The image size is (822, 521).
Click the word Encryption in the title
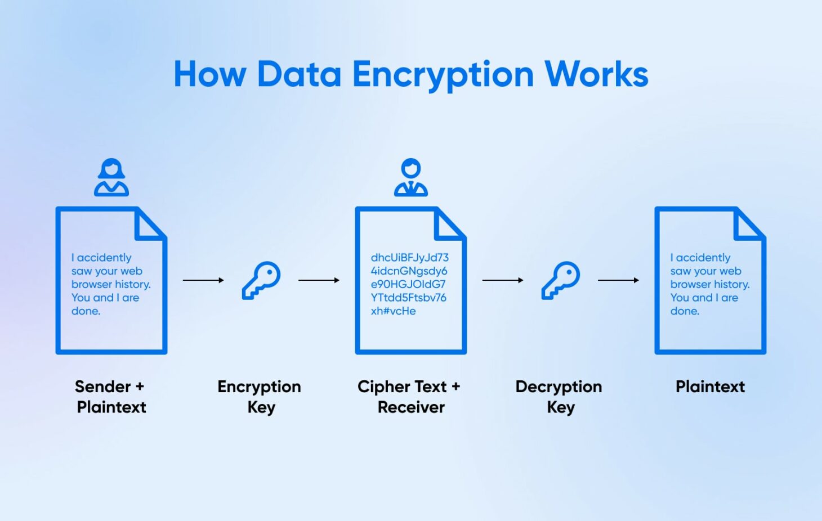(443, 75)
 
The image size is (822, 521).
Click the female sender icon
(111, 177)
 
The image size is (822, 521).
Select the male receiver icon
(411, 177)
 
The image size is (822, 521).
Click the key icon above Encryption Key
(261, 280)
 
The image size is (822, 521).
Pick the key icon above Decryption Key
(560, 280)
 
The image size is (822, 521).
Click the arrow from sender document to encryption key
(203, 280)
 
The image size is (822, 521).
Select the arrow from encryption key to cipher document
(319, 280)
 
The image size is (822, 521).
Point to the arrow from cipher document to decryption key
(503, 280)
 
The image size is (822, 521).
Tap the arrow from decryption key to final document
(618, 280)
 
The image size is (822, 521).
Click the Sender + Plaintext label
(111, 397)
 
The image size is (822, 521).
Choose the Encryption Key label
(260, 397)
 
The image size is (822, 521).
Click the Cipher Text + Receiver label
(410, 397)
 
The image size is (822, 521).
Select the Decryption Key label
(559, 397)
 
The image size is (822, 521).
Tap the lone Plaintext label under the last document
(710, 387)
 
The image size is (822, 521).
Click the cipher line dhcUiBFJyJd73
(409, 258)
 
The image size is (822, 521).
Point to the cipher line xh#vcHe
(393, 311)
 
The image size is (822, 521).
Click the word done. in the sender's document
(86, 311)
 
